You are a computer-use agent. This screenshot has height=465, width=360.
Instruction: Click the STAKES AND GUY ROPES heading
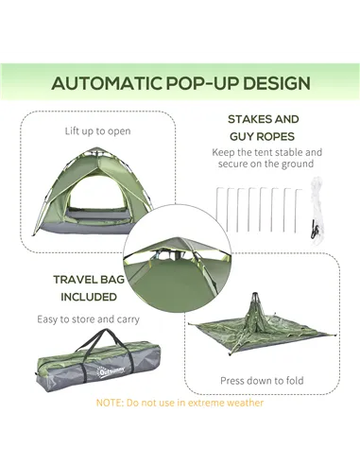(263, 128)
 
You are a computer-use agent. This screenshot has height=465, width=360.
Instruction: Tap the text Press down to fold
(262, 380)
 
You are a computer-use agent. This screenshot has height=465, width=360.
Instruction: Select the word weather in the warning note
(242, 404)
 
